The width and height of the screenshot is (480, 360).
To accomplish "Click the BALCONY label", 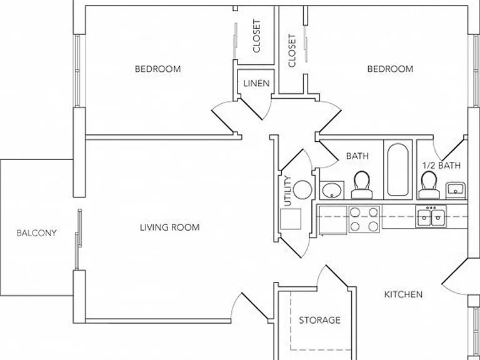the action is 36,233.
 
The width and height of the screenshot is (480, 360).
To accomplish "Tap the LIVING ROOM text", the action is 169,227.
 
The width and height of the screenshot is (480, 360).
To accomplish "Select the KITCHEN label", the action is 403,294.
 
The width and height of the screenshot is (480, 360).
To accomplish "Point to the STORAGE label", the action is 319,320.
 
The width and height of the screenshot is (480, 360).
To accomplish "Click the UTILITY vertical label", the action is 287,191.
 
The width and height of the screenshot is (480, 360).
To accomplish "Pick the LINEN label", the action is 256,83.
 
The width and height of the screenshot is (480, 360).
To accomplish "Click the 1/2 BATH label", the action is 441,166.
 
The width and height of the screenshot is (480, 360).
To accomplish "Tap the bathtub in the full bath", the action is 397,169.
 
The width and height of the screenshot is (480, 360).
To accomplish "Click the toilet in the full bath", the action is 362,185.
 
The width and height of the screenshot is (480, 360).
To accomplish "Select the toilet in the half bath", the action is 429,185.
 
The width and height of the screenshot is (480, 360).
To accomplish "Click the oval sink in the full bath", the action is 332,191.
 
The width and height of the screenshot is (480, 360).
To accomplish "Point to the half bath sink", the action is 456,189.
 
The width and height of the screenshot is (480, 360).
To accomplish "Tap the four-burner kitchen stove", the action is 364,219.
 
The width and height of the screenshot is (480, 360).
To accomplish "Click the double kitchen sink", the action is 431,217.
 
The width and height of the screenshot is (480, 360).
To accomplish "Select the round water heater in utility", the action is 302,189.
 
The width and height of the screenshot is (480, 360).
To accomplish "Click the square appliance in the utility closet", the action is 291,219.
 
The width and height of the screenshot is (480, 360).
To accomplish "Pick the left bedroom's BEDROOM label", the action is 157,69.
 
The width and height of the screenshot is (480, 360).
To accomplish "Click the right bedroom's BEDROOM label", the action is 390,69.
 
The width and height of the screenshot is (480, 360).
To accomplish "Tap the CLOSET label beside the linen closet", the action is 256,36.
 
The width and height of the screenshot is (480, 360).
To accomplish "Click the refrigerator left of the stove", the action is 333,220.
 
